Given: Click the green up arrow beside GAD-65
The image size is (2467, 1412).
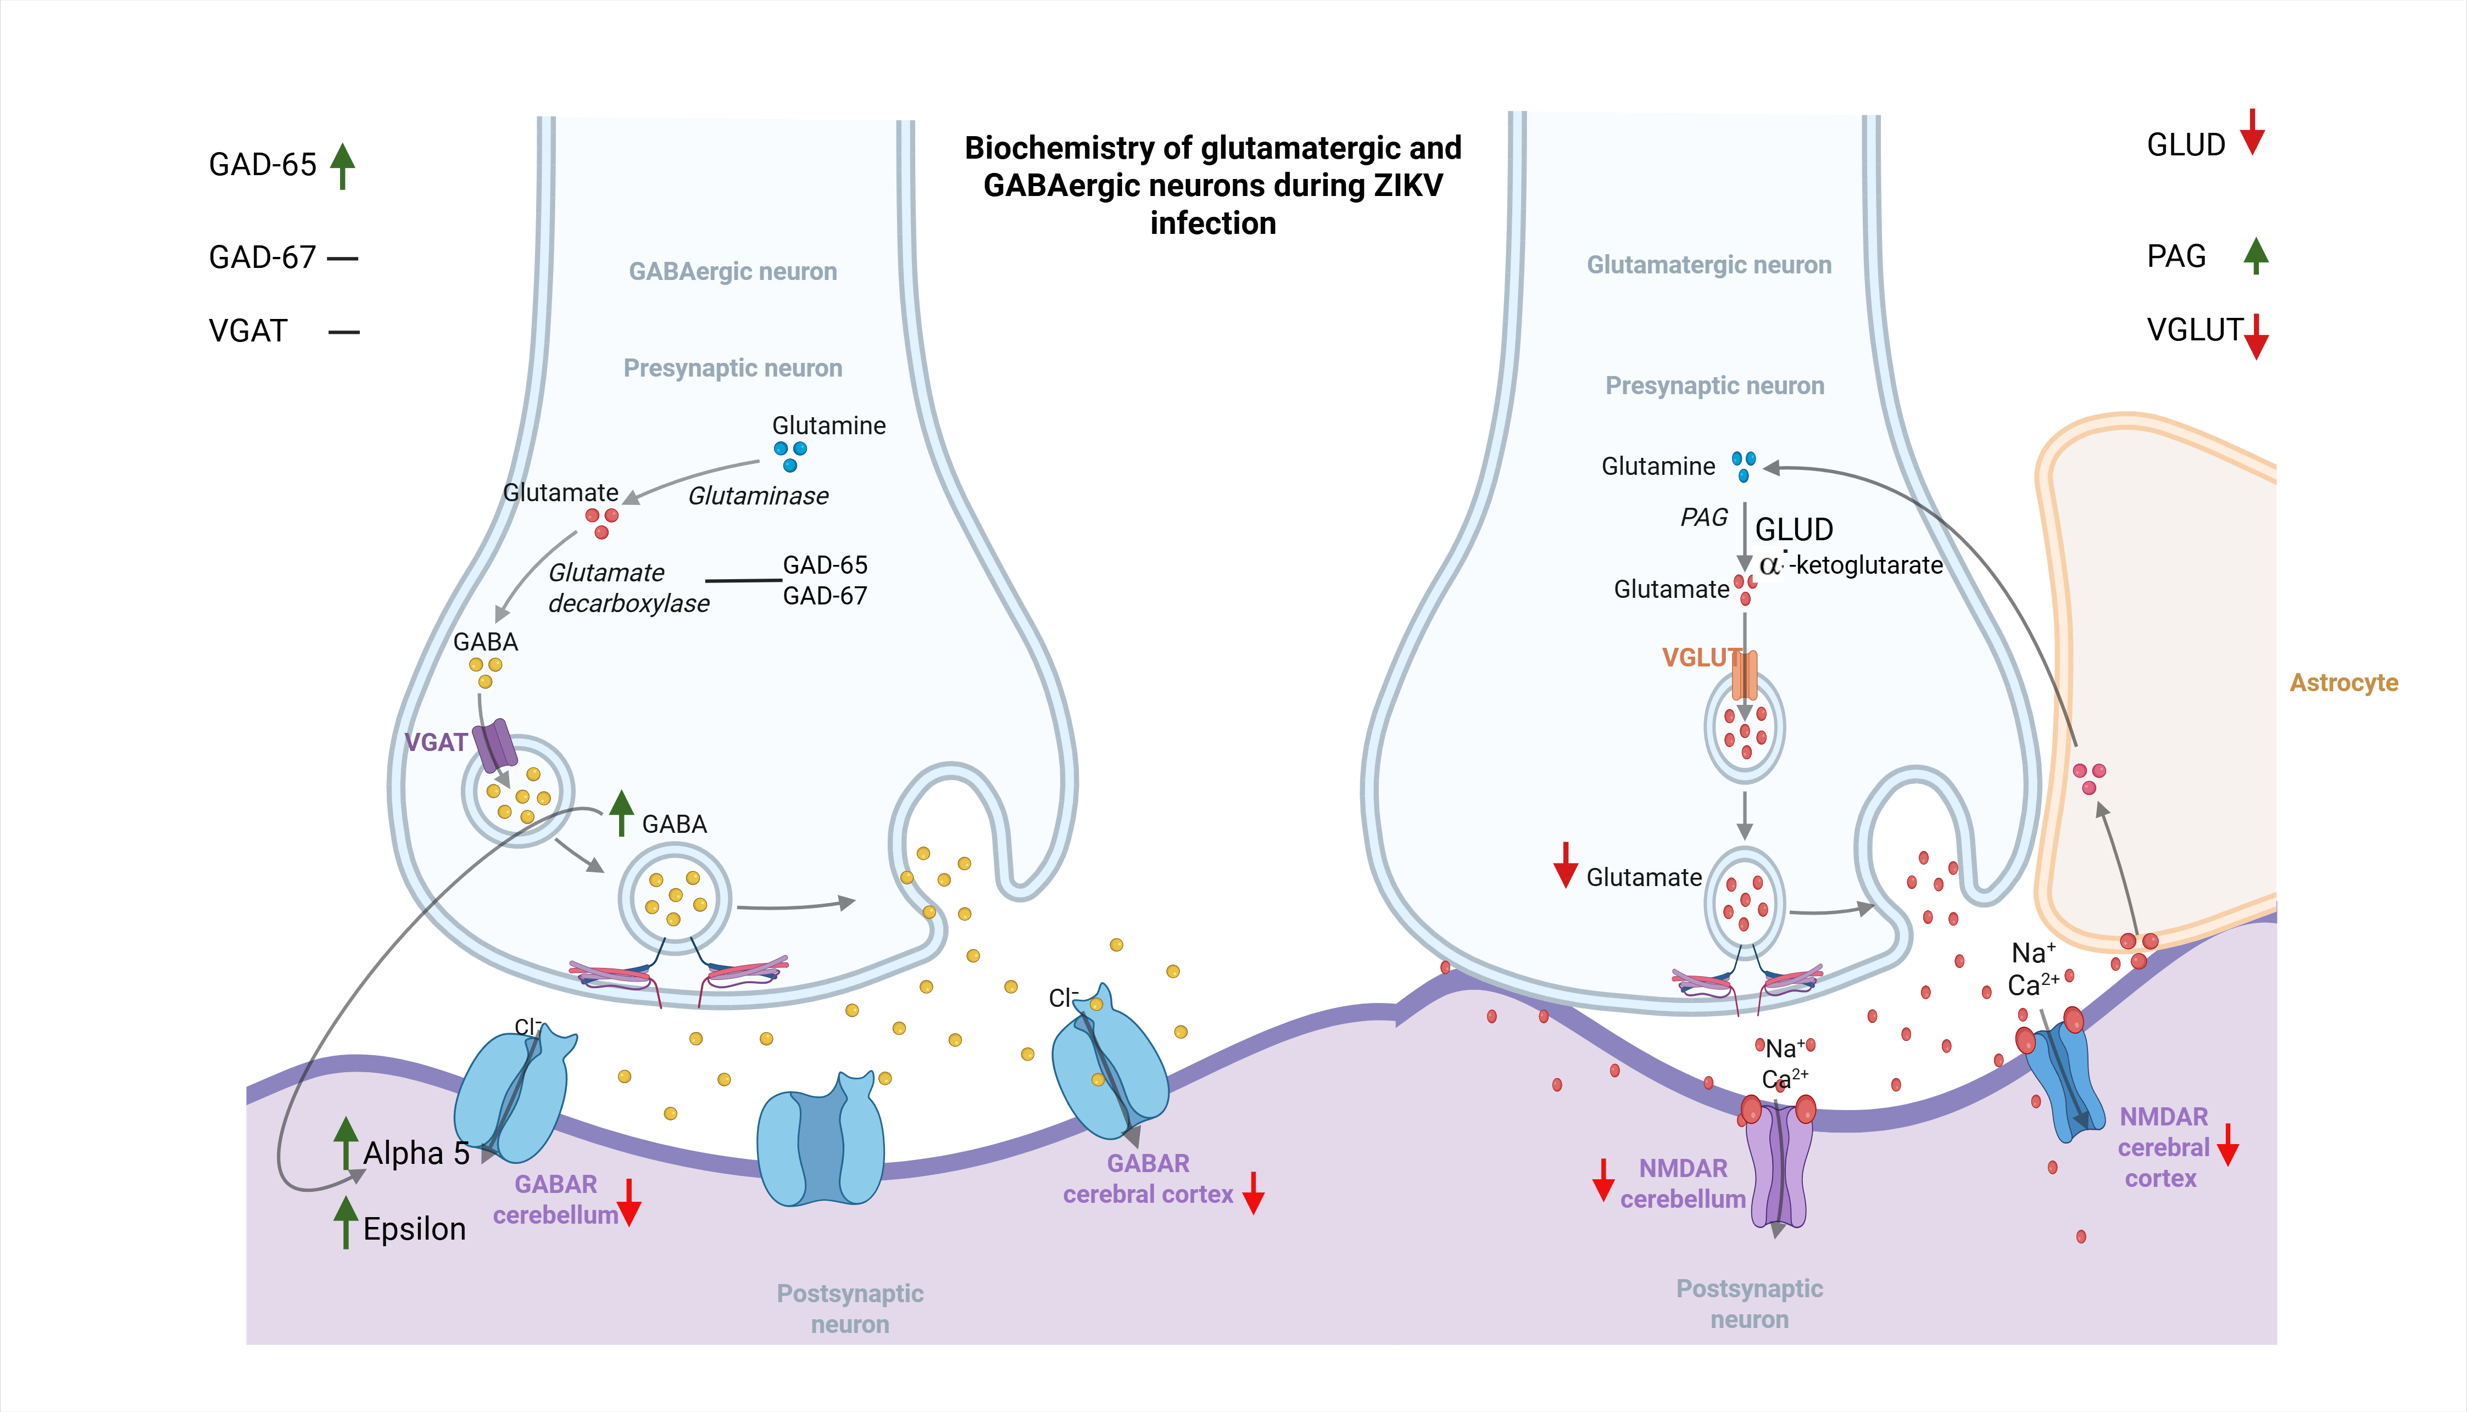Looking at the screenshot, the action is [342, 166].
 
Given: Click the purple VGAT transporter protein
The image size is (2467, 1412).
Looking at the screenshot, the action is [495, 745].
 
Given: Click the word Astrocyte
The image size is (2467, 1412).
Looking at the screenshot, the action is [2344, 683].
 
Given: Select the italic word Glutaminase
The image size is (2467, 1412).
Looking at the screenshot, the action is [759, 496].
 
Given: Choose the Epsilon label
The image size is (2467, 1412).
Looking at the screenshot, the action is [414, 1230].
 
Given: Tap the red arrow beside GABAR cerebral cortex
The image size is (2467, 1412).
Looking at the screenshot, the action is [1254, 1193].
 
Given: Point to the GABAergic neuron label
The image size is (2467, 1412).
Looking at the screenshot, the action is [732, 272].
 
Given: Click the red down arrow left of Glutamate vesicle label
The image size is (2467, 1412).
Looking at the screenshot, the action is [1566, 865].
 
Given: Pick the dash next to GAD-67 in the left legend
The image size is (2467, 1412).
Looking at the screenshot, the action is [342, 258].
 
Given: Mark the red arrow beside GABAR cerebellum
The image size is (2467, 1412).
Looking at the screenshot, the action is [630, 1202].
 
